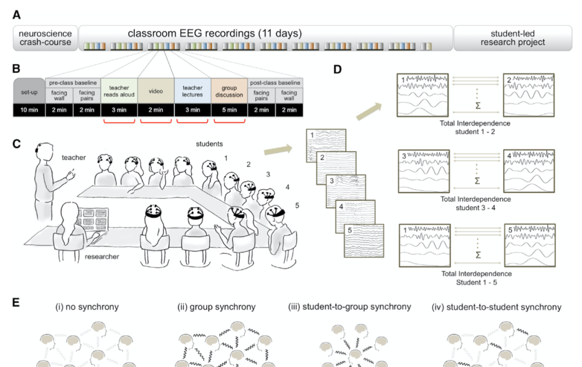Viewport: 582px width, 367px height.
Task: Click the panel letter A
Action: coord(17,15)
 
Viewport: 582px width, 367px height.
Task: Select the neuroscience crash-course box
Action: coord(45,38)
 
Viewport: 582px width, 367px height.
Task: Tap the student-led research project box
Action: coord(512,38)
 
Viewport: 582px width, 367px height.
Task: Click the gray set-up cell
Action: coord(29,91)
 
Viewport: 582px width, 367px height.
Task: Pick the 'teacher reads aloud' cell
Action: coord(119,91)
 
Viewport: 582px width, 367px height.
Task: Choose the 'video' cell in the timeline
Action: coord(156,91)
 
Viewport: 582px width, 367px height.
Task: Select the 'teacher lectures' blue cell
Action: coord(192,91)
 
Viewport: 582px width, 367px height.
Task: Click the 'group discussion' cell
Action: coord(229,91)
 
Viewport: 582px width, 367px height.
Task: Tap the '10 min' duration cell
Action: coord(29,110)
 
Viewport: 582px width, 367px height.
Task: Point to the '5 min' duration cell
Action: coord(229,110)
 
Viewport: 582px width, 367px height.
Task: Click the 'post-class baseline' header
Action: coord(275,83)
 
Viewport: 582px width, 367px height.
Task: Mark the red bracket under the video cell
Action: coord(156,121)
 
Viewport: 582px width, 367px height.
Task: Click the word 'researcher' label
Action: coord(102,257)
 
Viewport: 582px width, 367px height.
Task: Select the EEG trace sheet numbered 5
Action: coord(364,240)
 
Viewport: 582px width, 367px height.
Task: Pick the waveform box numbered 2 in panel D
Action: coord(529,95)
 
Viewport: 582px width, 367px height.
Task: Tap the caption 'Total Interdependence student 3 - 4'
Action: coord(475,203)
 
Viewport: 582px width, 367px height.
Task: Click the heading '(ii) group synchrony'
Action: coord(217,307)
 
